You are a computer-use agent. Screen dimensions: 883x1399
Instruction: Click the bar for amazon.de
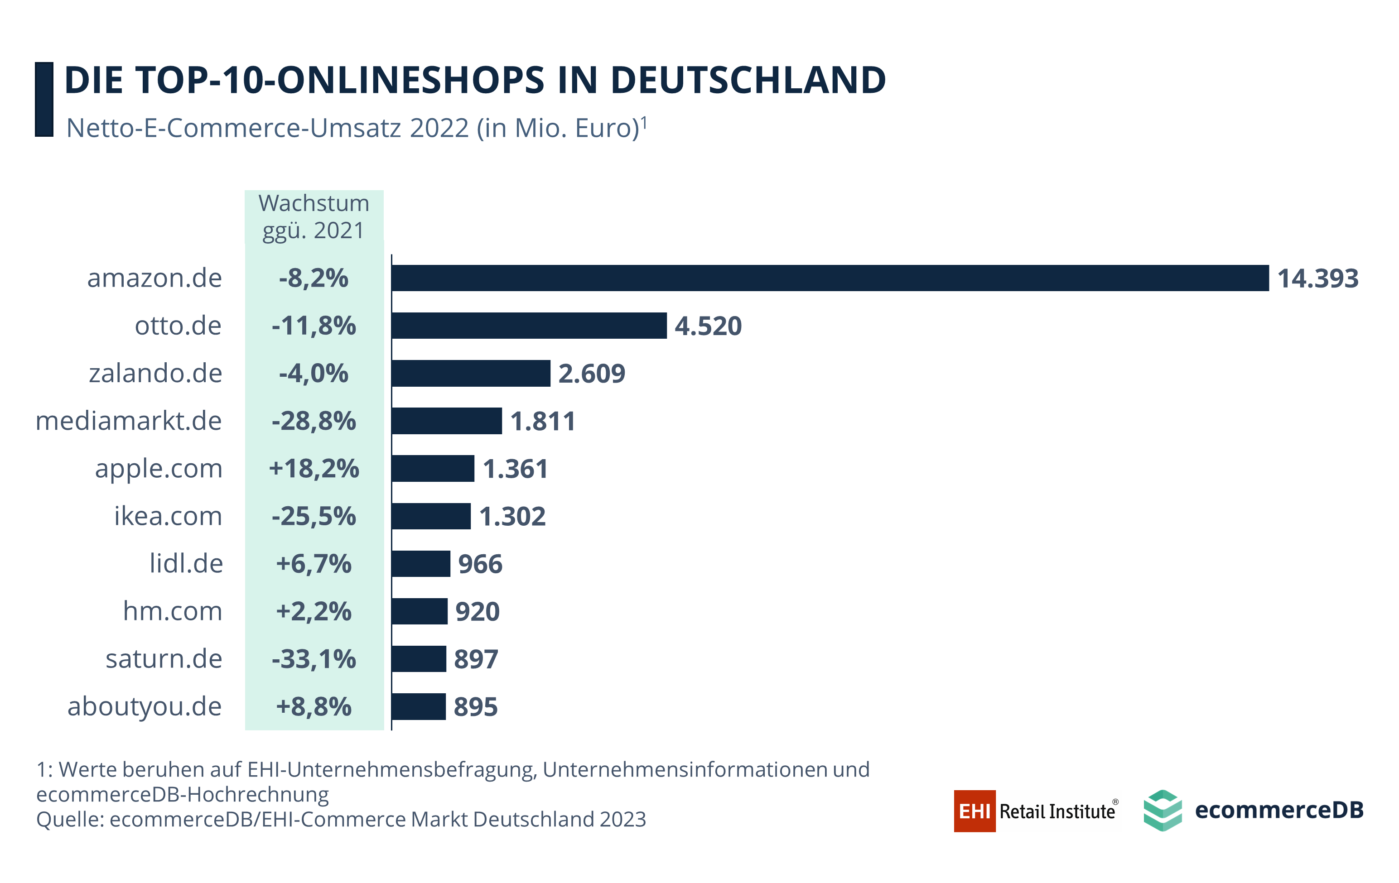pos(830,278)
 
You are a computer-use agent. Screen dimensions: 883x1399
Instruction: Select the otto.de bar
pos(529,326)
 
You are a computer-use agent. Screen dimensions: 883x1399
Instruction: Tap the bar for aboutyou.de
pos(418,706)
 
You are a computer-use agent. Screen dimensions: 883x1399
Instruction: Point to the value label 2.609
pos(591,373)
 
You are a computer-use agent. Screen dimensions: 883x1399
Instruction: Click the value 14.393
pos(1317,278)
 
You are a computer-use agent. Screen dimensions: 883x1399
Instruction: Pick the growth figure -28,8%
pos(314,421)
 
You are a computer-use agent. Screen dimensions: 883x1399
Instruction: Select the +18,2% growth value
pos(314,469)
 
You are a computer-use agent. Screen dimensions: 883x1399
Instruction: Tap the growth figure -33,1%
pos(314,659)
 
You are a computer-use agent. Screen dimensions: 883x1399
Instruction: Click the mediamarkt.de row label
pos(128,421)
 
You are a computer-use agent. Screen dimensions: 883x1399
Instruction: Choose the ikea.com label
pos(168,516)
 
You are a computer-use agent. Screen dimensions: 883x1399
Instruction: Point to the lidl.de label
pos(186,564)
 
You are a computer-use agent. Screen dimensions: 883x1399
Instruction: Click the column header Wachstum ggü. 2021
pos(314,216)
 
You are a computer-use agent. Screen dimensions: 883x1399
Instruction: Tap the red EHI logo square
pos(974,811)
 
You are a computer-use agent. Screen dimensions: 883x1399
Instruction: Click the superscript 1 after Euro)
pos(644,123)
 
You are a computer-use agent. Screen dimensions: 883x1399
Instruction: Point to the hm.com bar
pos(420,611)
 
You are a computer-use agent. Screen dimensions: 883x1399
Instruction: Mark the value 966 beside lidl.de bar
pos(480,564)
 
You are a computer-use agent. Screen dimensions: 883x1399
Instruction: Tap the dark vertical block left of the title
pos(44,99)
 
